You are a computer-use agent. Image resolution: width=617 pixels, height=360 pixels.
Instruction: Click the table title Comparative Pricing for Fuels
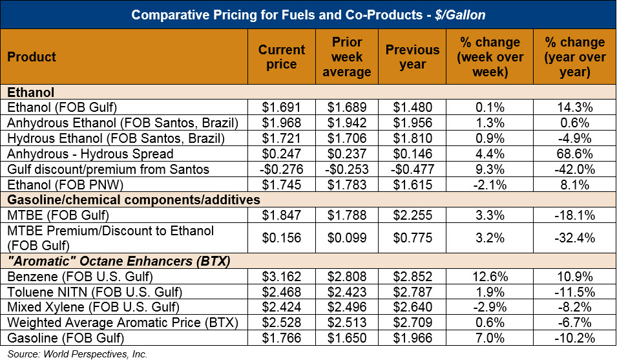[308, 15]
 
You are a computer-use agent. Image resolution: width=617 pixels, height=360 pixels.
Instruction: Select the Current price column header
[281, 57]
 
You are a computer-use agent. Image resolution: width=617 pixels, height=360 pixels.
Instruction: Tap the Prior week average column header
[346, 57]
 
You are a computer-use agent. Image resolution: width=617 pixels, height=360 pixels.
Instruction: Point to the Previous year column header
[413, 57]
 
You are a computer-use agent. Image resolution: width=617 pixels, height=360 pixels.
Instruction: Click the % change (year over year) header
[575, 57]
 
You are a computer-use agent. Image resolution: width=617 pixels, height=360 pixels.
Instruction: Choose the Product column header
[32, 57]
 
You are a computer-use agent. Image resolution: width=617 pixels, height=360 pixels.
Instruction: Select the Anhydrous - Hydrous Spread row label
[90, 154]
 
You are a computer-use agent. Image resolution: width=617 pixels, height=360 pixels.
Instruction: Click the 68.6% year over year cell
[575, 154]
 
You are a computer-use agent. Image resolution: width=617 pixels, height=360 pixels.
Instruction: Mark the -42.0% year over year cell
[575, 169]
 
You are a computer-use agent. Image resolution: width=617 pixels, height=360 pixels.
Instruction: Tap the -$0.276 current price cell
[281, 169]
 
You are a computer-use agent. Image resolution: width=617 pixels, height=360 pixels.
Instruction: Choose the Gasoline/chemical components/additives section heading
[134, 200]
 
